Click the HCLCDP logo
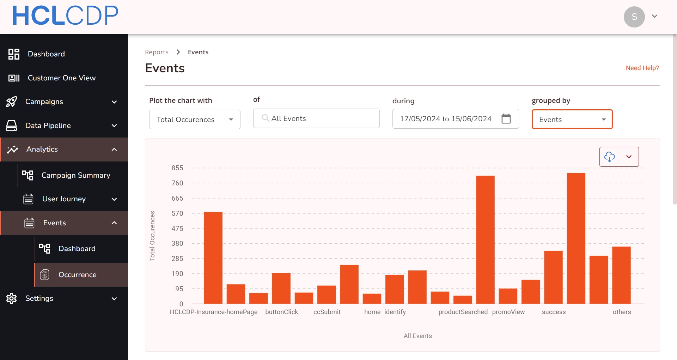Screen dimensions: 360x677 (x=65, y=16)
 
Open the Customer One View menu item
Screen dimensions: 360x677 (x=61, y=78)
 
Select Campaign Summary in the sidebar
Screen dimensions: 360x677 (x=75, y=175)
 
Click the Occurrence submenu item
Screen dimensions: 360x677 (x=77, y=275)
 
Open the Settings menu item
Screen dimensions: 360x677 (x=39, y=298)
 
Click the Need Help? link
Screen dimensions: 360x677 (x=642, y=68)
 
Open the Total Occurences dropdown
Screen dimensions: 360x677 (x=195, y=120)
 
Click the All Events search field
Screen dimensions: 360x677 (x=316, y=118)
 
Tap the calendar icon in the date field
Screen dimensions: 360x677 (x=506, y=119)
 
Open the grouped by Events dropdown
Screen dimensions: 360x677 (x=572, y=120)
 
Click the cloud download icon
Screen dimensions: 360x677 (x=610, y=157)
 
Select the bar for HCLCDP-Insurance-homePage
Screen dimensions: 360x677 (x=213, y=258)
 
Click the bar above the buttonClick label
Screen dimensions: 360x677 (x=281, y=288)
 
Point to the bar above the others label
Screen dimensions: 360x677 (x=621, y=275)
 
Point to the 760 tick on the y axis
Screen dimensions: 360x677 (x=177, y=183)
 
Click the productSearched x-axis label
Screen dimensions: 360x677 (x=463, y=312)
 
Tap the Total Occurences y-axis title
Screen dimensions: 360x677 (x=152, y=236)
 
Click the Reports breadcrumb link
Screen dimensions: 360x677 (x=157, y=52)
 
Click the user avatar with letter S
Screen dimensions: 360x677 (x=634, y=17)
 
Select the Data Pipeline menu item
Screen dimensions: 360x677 (x=48, y=126)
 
